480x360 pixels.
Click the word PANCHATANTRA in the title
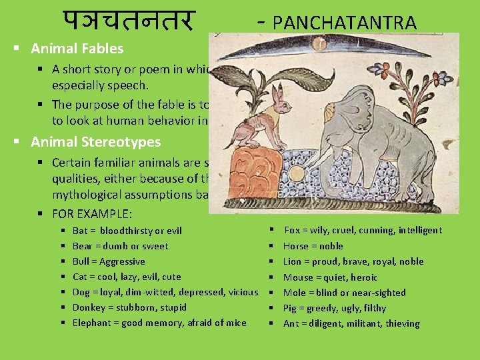pos(345,23)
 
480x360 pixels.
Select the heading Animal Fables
pos(77,49)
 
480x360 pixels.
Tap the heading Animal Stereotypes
pos(95,142)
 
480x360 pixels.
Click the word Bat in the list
pos(80,231)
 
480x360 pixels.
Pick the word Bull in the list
pos(81,261)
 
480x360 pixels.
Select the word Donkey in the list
pos(87,307)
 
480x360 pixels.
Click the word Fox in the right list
pos(292,230)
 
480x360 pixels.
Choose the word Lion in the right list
pos(293,261)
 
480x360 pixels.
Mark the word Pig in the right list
pos(291,308)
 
